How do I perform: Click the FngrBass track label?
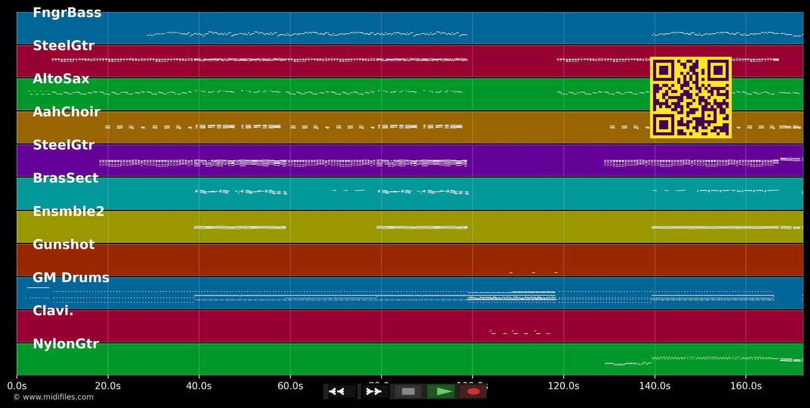[x=67, y=13]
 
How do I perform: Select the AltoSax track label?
[x=61, y=79]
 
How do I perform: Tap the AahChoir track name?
[x=66, y=112]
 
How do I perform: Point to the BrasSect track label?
[x=65, y=179]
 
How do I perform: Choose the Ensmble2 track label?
[x=69, y=212]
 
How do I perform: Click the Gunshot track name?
[x=64, y=245]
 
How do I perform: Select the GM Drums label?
[x=71, y=278]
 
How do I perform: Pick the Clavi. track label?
[x=53, y=311]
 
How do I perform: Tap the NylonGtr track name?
[x=66, y=344]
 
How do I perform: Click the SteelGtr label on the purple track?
[x=64, y=146]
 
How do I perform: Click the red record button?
[x=474, y=391]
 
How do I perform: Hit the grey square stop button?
[x=408, y=391]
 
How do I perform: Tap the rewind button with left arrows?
[x=342, y=391]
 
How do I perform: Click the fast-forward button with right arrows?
[x=375, y=391]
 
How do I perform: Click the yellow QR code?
[x=691, y=97]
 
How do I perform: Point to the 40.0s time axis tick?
[x=199, y=386]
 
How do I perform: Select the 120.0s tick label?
[x=563, y=386]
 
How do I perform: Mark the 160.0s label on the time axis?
[x=746, y=386]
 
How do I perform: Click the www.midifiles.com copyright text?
[x=53, y=397]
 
